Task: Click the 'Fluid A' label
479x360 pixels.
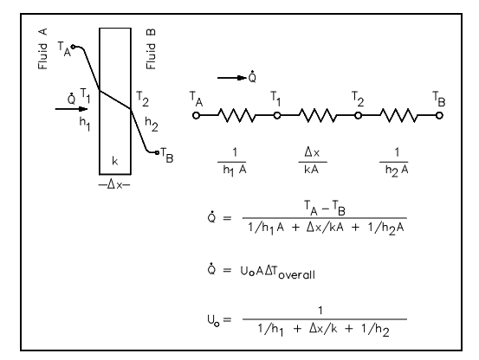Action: point(42,48)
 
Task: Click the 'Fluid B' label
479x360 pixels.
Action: point(151,48)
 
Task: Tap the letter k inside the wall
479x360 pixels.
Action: point(115,161)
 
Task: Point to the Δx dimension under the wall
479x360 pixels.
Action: point(114,184)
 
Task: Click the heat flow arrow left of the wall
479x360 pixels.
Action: point(71,109)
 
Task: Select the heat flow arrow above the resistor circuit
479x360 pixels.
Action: point(232,78)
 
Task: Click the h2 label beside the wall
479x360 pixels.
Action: point(152,124)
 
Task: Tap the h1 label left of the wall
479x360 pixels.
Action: point(85,124)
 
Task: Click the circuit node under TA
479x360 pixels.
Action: point(196,116)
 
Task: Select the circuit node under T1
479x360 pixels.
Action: point(277,116)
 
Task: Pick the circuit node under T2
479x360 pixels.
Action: point(358,116)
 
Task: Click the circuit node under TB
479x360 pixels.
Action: point(439,116)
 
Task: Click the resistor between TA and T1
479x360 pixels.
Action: point(236,115)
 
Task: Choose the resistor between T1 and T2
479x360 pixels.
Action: point(318,115)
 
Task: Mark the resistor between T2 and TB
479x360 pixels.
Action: point(398,115)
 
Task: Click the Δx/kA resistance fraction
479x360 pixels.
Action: point(312,161)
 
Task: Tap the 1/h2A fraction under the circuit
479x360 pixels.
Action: point(394,163)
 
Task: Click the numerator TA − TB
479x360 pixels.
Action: point(325,208)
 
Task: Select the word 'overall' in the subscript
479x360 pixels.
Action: point(296,275)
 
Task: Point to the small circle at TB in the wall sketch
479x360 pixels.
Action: point(157,152)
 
